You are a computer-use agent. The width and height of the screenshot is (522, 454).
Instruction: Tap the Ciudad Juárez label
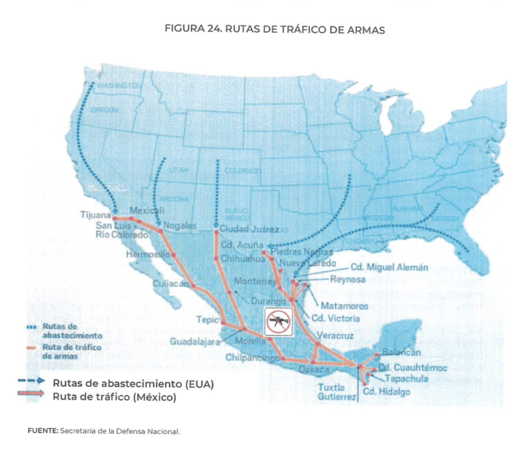click(x=249, y=230)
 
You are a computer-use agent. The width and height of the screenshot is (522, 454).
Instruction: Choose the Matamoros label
click(x=345, y=306)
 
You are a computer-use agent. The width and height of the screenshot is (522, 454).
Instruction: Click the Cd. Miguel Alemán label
click(x=389, y=267)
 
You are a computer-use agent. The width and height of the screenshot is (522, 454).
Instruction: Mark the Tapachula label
click(x=406, y=378)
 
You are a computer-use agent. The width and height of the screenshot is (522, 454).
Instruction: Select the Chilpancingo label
click(x=251, y=357)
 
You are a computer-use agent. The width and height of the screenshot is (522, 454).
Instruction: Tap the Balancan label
click(x=401, y=352)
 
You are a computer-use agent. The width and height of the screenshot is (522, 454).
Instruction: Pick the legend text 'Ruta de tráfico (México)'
click(x=114, y=395)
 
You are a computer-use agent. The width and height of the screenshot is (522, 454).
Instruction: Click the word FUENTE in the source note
click(x=42, y=431)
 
